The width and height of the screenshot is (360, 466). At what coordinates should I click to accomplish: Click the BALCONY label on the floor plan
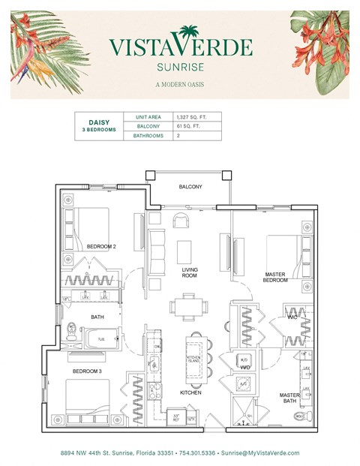pyautogui.click(x=190, y=187)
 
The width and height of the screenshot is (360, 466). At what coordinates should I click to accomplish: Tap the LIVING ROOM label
pyautogui.click(x=189, y=273)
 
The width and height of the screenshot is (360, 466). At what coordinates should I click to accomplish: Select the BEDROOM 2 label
pyautogui.click(x=101, y=246)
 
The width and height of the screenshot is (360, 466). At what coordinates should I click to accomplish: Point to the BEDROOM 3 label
pyautogui.click(x=87, y=371)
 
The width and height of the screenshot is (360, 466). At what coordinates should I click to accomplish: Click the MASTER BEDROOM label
pyautogui.click(x=275, y=277)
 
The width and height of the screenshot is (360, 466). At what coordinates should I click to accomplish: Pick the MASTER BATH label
pyautogui.click(x=289, y=398)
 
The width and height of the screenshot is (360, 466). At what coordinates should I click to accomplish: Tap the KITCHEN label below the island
pyautogui.click(x=190, y=392)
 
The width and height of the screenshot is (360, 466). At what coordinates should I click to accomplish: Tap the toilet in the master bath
pyautogui.click(x=302, y=413)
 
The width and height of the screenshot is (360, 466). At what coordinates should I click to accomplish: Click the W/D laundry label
pyautogui.click(x=244, y=368)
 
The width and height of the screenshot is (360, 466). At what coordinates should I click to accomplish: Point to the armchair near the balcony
pyautogui.click(x=180, y=219)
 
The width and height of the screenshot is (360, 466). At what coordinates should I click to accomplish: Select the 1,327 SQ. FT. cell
pyautogui.click(x=189, y=118)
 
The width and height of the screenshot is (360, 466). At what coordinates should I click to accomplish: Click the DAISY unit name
pyautogui.click(x=100, y=122)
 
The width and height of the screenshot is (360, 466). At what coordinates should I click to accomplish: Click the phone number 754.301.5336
pyautogui.click(x=198, y=453)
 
